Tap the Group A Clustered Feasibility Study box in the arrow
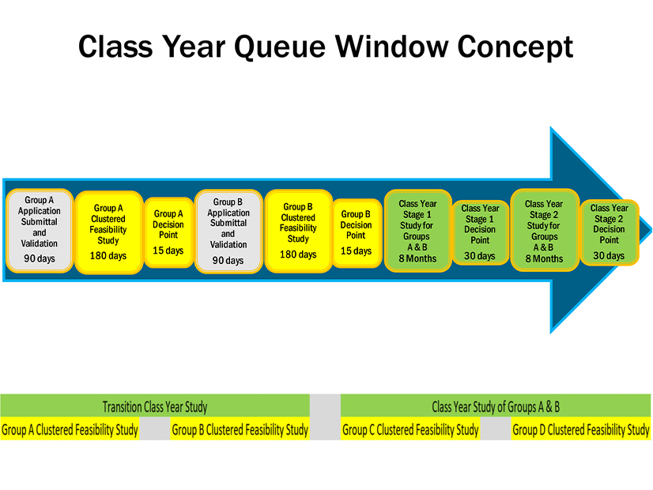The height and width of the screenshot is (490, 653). click(108, 232)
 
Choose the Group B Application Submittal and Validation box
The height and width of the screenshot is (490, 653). click(228, 231)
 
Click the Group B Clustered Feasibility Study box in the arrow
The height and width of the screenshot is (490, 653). click(298, 231)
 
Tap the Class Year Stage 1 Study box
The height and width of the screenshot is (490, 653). click(417, 231)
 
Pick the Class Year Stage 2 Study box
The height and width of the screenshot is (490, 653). click(544, 231)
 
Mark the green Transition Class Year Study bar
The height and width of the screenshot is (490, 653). click(155, 407)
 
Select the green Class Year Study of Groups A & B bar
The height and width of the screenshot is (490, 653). click(496, 407)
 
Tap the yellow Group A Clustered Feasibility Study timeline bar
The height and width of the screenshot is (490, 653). click(70, 430)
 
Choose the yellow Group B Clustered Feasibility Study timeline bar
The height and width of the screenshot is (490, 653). click(240, 430)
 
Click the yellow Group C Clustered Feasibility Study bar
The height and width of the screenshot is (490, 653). click(410, 430)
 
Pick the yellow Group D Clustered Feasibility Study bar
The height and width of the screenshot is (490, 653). click(581, 430)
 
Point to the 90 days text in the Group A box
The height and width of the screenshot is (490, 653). click(40, 258)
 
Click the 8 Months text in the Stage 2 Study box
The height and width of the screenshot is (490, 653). click(544, 258)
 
